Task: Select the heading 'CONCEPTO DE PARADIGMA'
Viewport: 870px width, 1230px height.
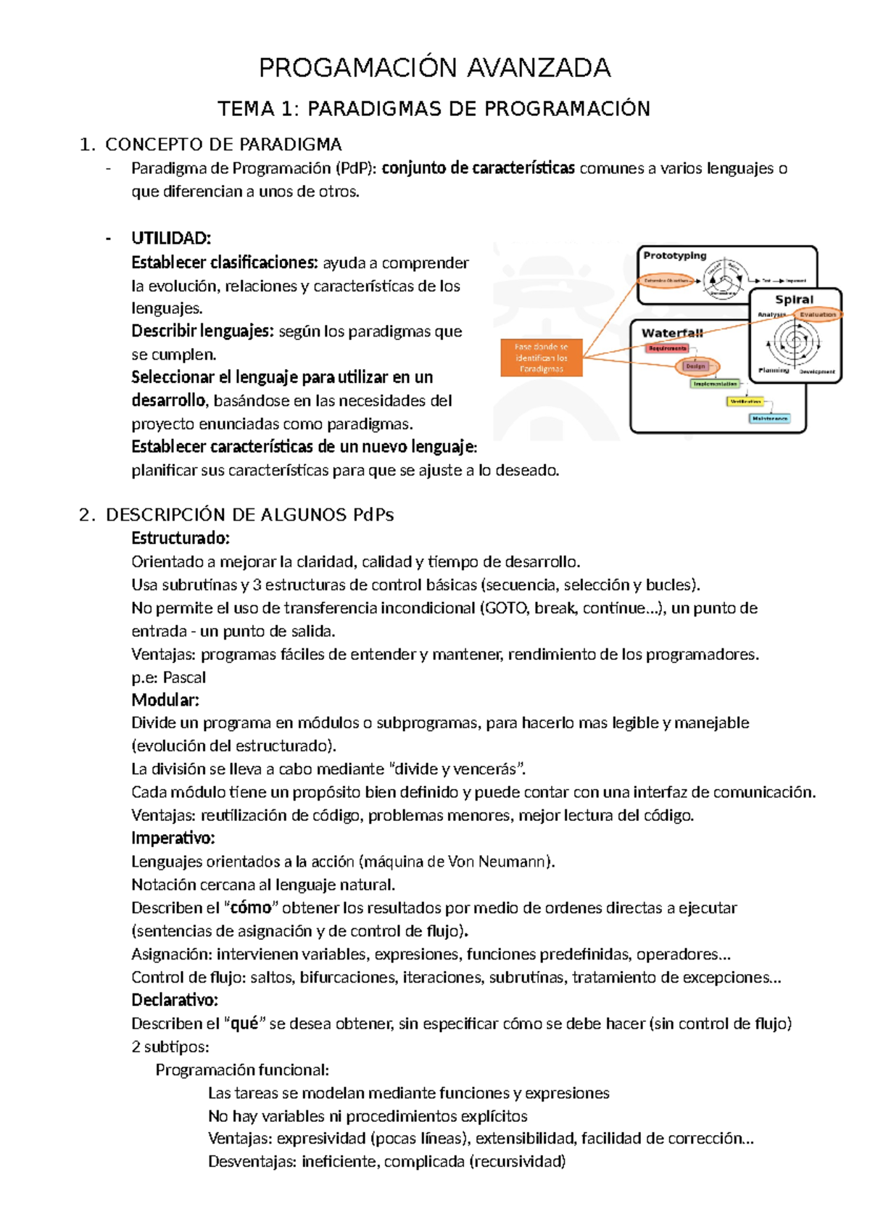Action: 223,144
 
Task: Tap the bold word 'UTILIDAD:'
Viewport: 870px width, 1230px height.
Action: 171,238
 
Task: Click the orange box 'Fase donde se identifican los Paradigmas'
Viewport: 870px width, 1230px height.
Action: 542,358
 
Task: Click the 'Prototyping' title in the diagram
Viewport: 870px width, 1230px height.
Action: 674,255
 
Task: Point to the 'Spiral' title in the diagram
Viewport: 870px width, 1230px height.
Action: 794,300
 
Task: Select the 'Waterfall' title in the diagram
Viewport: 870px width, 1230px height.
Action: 672,333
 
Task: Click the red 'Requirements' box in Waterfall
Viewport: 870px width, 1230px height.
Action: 667,348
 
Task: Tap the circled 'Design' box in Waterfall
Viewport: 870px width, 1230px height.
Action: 695,366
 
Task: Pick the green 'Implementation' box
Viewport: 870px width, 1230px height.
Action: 715,384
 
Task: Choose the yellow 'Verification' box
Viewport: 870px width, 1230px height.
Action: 745,401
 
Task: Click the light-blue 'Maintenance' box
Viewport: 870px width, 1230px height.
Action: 770,418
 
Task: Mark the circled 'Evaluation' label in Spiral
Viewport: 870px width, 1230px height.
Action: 818,315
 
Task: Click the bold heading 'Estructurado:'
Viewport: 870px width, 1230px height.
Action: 181,538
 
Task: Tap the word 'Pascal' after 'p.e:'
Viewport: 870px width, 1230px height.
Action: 184,677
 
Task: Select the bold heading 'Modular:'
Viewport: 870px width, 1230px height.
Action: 165,700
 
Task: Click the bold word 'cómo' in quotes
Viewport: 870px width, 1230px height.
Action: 250,908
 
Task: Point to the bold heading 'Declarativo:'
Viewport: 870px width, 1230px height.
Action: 175,1000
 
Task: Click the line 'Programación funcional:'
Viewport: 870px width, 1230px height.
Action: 242,1070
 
